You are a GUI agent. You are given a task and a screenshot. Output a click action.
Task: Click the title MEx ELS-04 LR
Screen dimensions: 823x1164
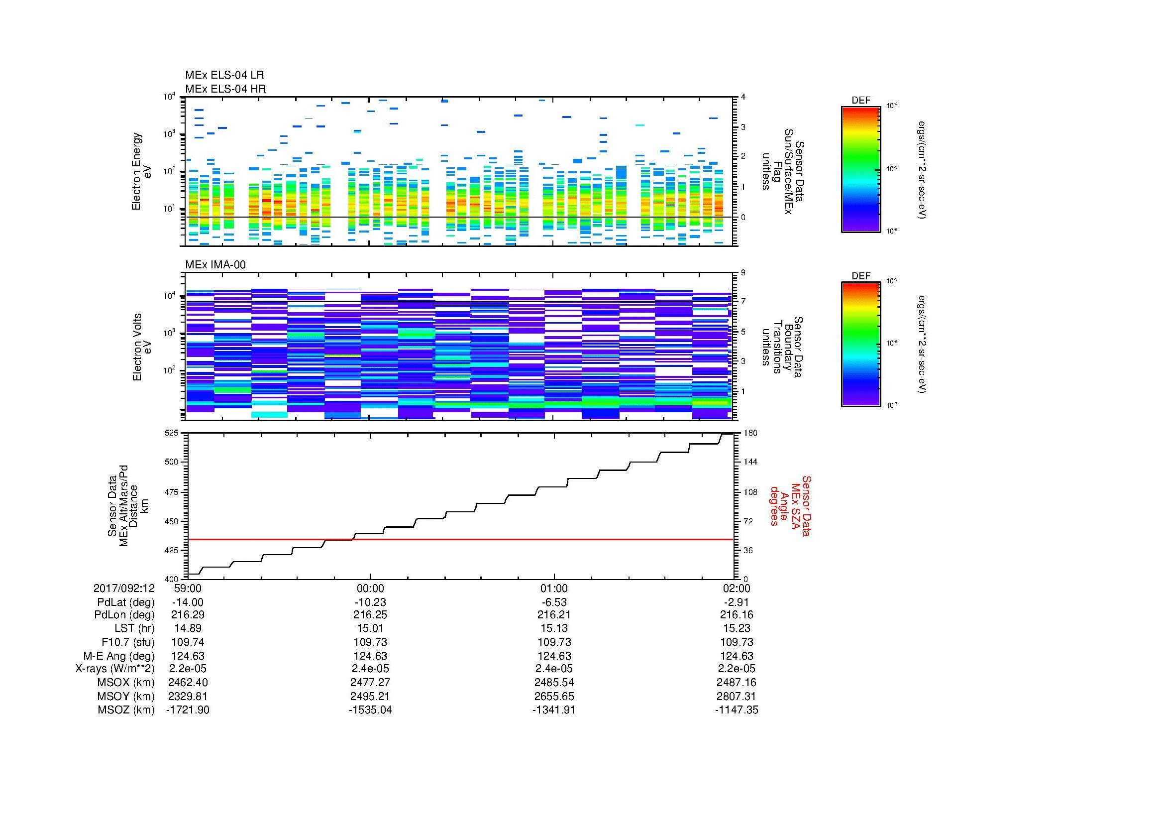(224, 75)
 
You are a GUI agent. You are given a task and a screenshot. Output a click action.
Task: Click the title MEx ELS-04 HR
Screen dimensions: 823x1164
(225, 89)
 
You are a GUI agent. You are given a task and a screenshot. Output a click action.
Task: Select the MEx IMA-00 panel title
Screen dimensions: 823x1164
(215, 265)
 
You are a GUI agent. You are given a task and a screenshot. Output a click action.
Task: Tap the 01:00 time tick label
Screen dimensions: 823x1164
(553, 588)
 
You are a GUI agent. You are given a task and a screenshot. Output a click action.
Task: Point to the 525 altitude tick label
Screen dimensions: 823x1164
(171, 433)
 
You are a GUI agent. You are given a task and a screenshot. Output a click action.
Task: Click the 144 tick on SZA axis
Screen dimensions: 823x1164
(751, 462)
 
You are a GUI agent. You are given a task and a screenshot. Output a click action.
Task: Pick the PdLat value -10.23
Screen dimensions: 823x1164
(370, 602)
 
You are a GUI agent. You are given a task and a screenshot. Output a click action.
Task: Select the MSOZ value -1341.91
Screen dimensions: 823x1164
(553, 710)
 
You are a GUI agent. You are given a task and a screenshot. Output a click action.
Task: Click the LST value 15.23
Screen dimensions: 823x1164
(736, 628)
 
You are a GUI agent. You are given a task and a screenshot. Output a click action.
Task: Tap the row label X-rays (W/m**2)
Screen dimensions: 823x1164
(114, 669)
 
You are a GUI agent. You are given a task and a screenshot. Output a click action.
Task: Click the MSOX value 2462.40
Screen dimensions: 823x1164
(188, 683)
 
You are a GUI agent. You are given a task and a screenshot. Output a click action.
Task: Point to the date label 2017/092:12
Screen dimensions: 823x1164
(124, 588)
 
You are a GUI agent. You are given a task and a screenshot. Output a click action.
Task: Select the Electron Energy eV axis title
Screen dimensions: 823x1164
(141, 171)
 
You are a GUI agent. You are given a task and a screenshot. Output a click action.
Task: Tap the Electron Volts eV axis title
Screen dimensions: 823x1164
(141, 348)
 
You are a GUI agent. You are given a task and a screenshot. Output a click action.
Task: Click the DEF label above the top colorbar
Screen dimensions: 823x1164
(860, 101)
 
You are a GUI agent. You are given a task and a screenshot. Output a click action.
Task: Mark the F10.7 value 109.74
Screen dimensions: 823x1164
(188, 642)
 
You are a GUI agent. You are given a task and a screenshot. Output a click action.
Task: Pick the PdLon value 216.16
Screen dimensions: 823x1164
(736, 615)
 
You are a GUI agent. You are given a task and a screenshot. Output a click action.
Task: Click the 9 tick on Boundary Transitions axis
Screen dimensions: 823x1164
(743, 272)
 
